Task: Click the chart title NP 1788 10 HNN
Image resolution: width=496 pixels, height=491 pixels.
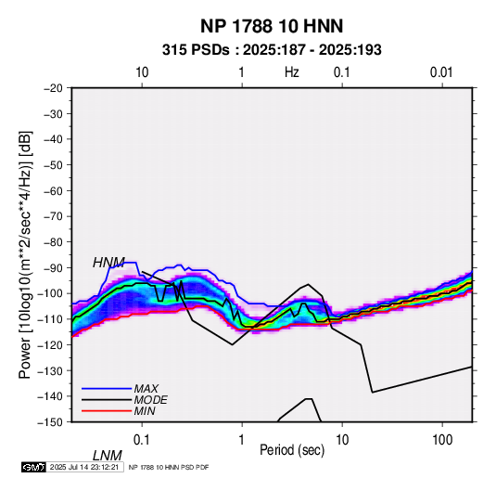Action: tap(272, 26)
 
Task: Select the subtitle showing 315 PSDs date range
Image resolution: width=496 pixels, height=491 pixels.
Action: tap(272, 50)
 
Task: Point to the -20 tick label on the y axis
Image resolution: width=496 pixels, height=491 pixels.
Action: tap(53, 88)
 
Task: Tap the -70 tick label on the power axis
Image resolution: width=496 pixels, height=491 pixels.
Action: tap(53, 216)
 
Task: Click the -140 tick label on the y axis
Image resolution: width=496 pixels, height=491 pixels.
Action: tap(50, 396)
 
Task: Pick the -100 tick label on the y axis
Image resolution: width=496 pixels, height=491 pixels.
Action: tap(50, 293)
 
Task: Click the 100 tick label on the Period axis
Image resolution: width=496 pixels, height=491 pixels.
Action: tap(442, 440)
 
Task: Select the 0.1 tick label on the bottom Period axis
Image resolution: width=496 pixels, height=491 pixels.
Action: tap(142, 440)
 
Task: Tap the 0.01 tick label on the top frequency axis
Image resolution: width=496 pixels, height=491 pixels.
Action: tap(441, 72)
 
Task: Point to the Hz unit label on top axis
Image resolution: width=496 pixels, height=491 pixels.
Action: tap(292, 72)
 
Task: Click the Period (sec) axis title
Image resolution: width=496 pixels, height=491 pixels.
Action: tap(292, 450)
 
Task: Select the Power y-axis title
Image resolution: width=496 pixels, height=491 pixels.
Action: tap(25, 254)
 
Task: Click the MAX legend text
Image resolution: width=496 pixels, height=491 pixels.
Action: tap(146, 388)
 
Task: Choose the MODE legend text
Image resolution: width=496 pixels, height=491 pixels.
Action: tap(150, 400)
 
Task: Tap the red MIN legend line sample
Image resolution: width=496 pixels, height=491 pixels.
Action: tap(107, 411)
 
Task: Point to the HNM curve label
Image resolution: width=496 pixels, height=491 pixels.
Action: tap(108, 263)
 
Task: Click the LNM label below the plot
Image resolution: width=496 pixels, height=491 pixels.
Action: tap(108, 456)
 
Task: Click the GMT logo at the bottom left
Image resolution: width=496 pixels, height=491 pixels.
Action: tap(33, 467)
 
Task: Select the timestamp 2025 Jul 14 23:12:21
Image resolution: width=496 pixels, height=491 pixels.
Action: tap(84, 467)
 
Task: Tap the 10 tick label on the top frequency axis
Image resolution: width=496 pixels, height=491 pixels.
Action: tap(142, 72)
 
